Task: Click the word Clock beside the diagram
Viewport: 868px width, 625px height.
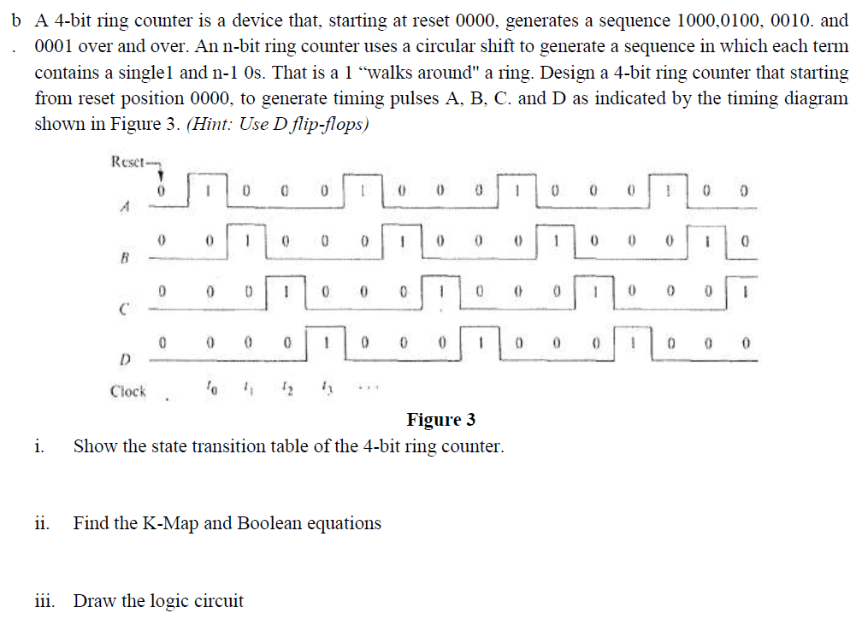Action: pos(128,392)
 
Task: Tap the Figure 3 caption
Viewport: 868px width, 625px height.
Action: pos(440,419)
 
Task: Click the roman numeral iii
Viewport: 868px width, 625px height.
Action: pos(44,601)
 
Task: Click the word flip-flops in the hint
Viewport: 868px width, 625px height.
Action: pos(327,123)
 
